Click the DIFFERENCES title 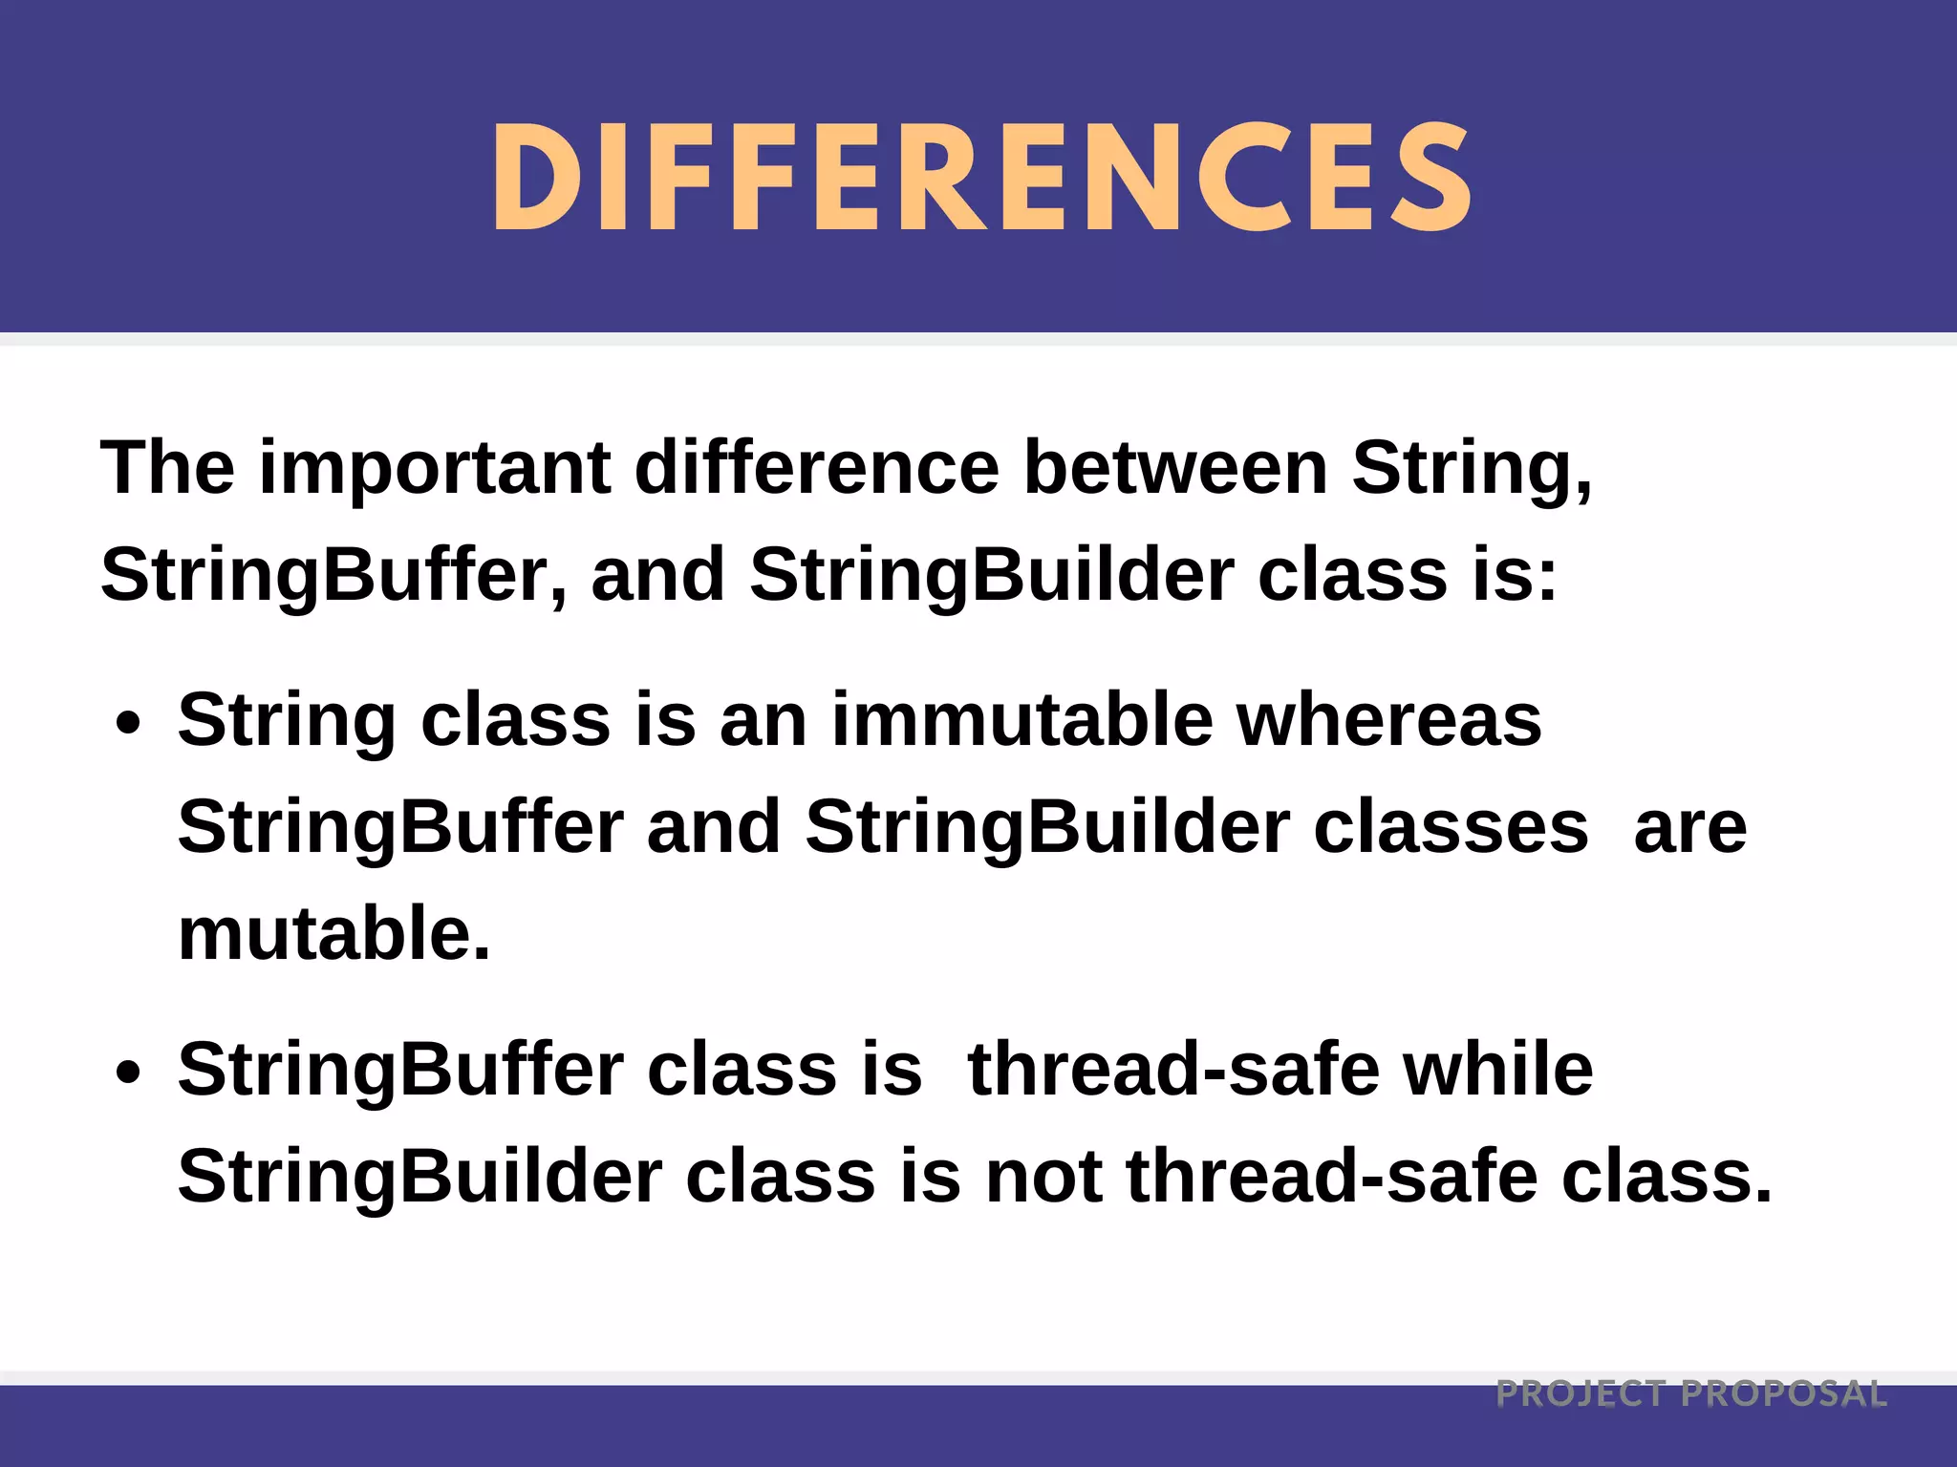tap(981, 179)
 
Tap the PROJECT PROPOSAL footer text tap(1691, 1393)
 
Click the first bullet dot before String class tap(128, 723)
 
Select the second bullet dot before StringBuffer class tap(128, 1072)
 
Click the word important tap(435, 470)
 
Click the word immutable tap(1022, 721)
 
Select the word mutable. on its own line tap(333, 934)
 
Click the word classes tap(1451, 828)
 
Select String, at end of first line tap(1473, 470)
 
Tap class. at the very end tap(1667, 1177)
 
